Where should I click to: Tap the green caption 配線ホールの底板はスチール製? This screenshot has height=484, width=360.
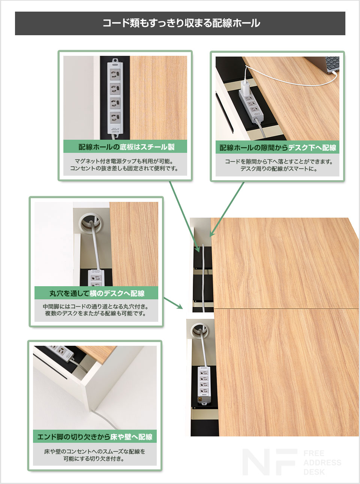[x=126, y=147]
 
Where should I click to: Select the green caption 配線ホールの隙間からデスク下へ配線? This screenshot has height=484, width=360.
[x=277, y=148]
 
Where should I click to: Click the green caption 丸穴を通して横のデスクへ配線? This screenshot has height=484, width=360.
[x=97, y=293]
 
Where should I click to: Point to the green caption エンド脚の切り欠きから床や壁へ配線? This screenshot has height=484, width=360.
[x=94, y=437]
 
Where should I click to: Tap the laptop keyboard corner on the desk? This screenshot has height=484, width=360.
[x=332, y=64]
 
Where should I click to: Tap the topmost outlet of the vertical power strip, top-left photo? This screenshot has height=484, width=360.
[x=115, y=74]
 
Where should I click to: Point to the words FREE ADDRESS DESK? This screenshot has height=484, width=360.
[x=322, y=462]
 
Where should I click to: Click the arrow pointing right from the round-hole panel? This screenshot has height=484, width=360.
[x=173, y=303]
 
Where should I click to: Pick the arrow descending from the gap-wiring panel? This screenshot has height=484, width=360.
[x=227, y=210]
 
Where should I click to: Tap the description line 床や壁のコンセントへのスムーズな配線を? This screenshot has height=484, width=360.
[x=94, y=451]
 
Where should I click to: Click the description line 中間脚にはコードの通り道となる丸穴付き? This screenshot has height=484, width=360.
[x=96, y=306]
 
